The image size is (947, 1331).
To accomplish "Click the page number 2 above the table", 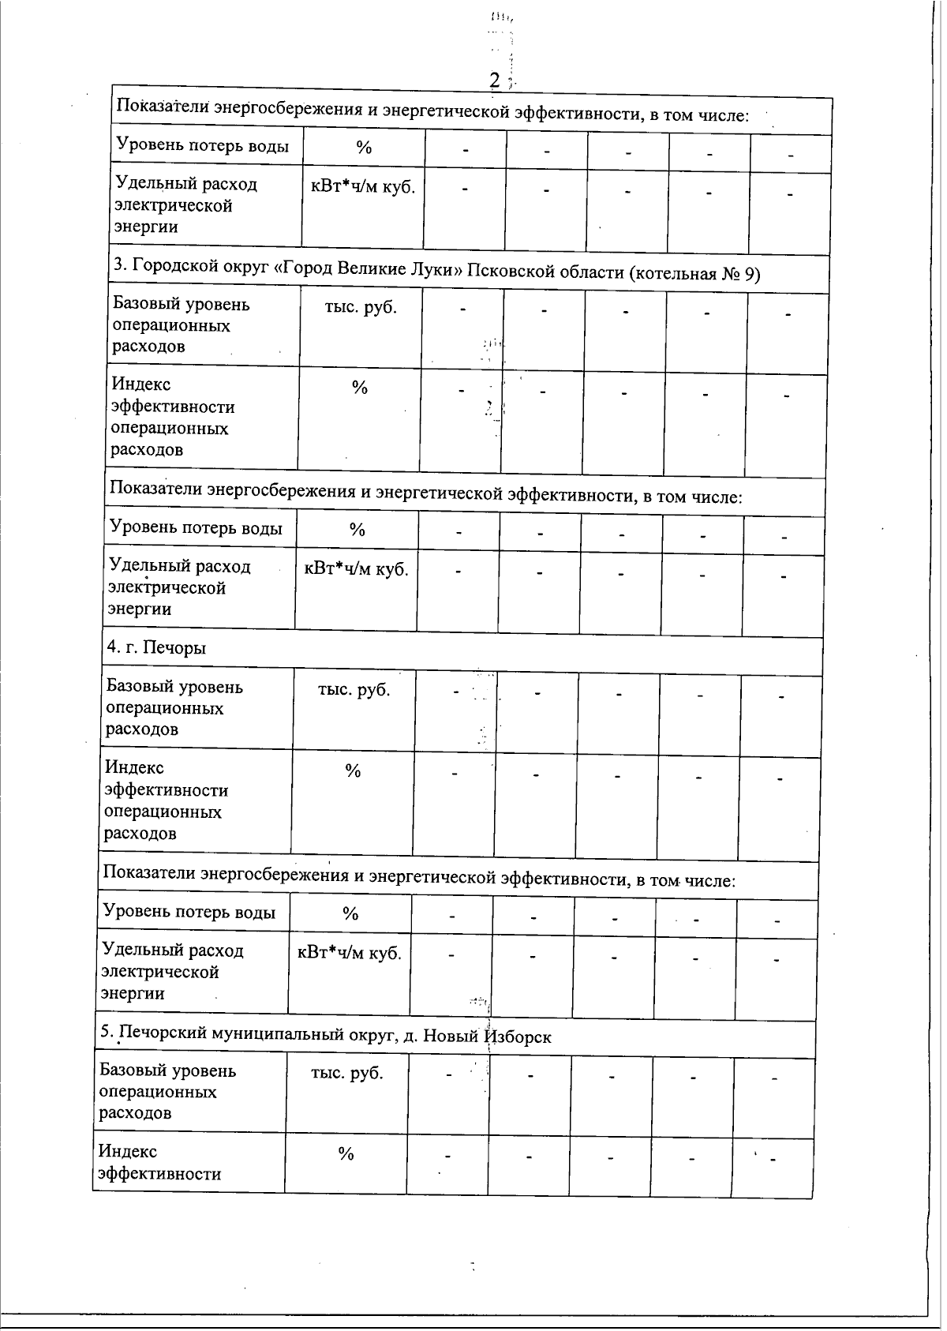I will coord(495,79).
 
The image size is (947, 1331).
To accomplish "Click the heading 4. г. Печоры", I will coord(155,647).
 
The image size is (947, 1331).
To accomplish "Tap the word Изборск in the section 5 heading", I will coord(518,1037).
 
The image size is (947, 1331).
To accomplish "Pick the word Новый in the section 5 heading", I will coord(451,1036).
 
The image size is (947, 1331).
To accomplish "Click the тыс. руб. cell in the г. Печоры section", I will coord(354,689).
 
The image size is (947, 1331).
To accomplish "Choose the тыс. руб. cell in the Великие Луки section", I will coord(360,307).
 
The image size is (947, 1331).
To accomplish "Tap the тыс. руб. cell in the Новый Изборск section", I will coord(347,1073).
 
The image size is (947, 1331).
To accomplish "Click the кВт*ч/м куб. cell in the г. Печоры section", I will coord(350,953).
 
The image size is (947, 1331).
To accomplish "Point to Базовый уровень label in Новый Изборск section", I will coord(167,1070).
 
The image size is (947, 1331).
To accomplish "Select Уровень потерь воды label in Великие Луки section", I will coord(196,527).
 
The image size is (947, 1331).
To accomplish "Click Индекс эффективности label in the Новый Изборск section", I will coord(159,1162).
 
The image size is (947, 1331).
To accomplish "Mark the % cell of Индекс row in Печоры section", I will coord(353,770).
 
